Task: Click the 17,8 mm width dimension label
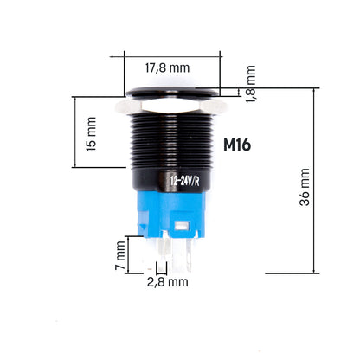pyautogui.click(x=167, y=67)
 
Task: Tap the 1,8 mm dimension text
pyautogui.click(x=251, y=84)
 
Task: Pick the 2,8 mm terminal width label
pyautogui.click(x=167, y=282)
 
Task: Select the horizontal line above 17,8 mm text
pyautogui.click(x=167, y=56)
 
